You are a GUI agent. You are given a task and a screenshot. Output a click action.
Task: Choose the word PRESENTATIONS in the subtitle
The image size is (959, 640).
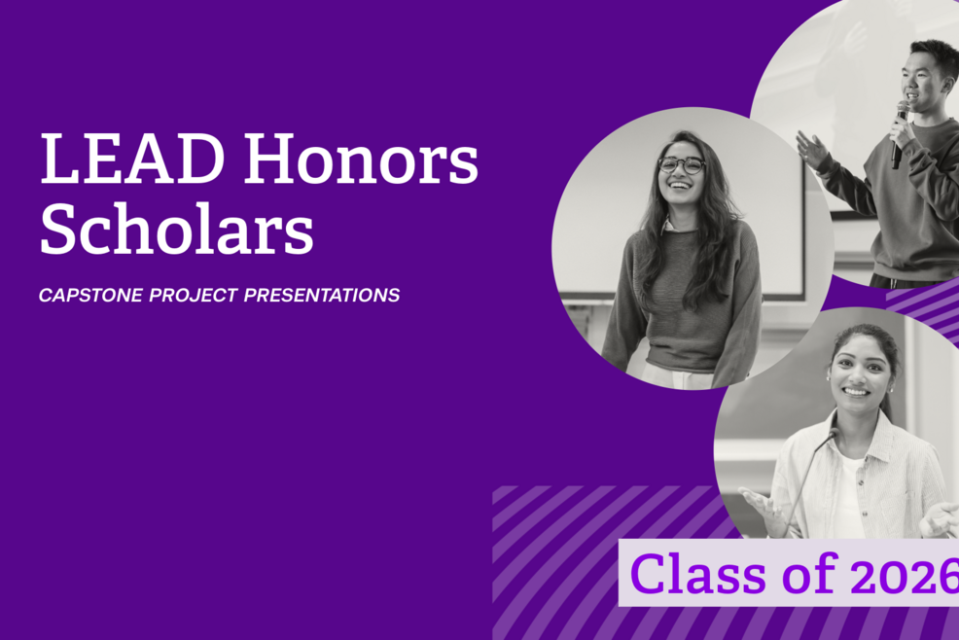click(x=322, y=295)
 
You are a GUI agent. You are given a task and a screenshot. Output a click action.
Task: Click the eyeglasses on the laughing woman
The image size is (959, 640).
click(x=682, y=164)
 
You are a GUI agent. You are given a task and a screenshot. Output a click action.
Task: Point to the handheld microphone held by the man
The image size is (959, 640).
click(x=900, y=132)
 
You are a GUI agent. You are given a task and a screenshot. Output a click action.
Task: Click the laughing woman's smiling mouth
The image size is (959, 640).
click(x=682, y=187)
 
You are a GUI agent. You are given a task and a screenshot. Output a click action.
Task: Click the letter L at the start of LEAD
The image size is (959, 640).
click(x=56, y=160)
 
